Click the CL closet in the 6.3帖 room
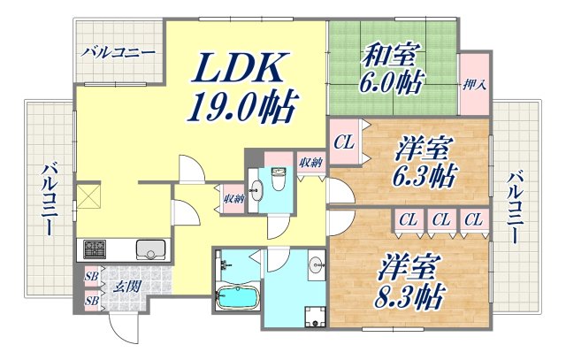tap(344, 141)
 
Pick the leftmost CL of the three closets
tap(408, 219)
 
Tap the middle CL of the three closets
tap(440, 219)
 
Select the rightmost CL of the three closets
tap(473, 219)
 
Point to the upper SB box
tap(90, 276)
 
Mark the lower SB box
tap(90, 301)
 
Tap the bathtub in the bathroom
tap(235, 298)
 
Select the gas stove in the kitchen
tap(95, 249)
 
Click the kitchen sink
tap(151, 249)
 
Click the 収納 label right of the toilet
tap(310, 161)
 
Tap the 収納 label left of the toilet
tap(233, 199)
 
